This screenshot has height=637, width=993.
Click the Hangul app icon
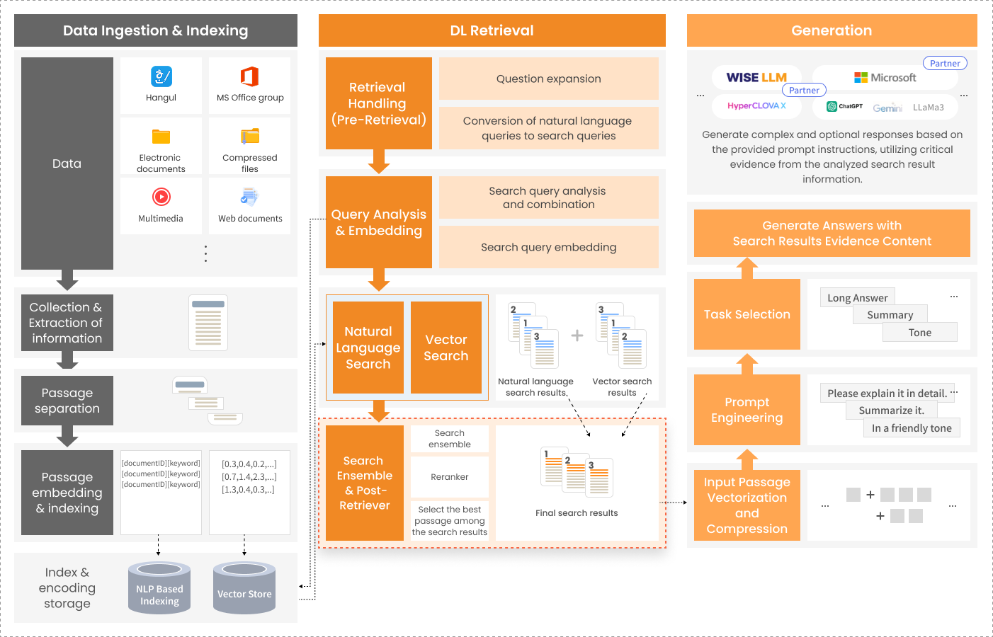161,76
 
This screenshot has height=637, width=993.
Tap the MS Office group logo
249,76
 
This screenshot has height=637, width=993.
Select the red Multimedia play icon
161,196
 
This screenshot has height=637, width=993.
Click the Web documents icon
249,197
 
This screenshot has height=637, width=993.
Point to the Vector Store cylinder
244,587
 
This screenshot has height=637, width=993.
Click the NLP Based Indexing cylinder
159,587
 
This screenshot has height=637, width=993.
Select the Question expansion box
549,79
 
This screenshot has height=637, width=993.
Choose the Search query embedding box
549,247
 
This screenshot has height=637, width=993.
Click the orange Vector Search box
446,348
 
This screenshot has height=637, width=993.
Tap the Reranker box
450,476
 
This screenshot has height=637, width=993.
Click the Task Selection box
747,314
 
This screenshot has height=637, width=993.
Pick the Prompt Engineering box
747,410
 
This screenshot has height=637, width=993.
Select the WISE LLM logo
756,78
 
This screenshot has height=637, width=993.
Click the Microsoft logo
885,78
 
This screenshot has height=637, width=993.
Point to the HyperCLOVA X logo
756,106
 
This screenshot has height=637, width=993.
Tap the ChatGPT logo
844,106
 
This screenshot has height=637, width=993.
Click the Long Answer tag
857,297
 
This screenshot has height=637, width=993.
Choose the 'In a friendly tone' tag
912,428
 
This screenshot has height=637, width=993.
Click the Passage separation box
67,401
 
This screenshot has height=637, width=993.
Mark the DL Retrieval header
492,30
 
